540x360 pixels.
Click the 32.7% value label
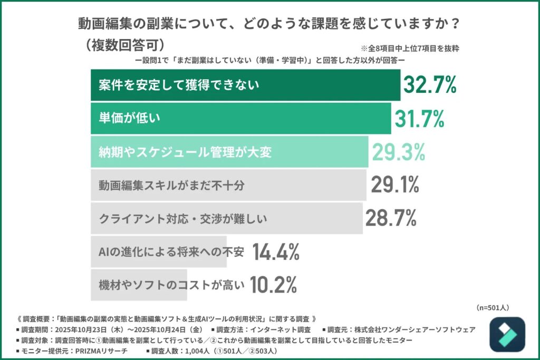(429, 85)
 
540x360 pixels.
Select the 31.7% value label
(418, 119)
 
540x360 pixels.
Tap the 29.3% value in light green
(399, 152)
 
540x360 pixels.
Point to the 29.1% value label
(395, 184)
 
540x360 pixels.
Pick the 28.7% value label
(391, 218)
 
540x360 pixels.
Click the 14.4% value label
(275, 252)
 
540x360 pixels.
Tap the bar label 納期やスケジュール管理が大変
(185, 152)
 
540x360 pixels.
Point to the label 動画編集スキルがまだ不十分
(172, 185)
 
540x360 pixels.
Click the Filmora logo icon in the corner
(507, 334)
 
